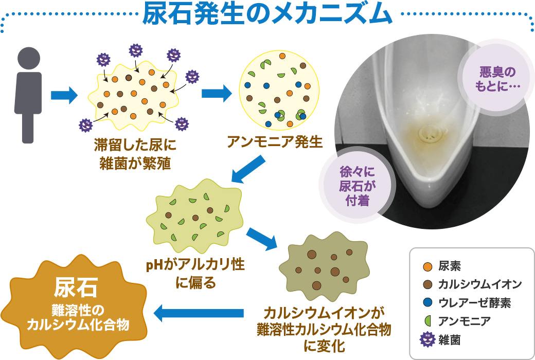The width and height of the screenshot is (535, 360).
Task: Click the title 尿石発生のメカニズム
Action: [267, 14]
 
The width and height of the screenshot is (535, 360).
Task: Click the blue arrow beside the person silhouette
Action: [64, 95]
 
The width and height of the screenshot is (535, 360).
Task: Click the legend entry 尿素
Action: [450, 266]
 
